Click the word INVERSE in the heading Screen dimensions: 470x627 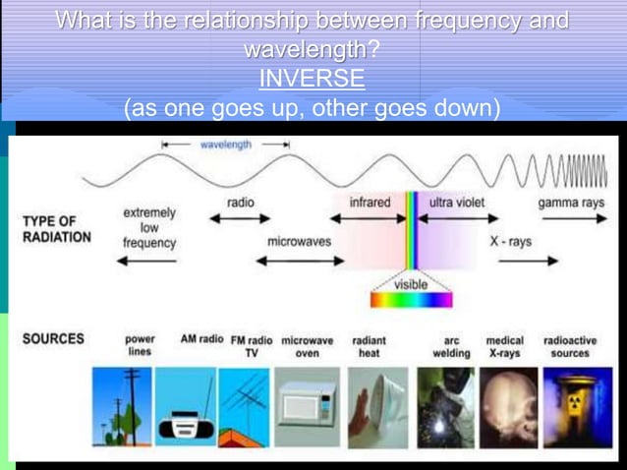click(x=312, y=78)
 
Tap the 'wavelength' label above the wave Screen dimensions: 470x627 click(x=226, y=144)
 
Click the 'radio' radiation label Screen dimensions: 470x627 click(x=240, y=203)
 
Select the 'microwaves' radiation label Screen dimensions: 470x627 click(x=299, y=241)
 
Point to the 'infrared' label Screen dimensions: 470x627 click(x=370, y=203)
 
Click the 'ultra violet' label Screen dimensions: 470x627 click(x=456, y=203)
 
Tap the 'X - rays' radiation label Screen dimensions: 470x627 click(x=511, y=241)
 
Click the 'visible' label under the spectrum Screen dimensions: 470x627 click(x=411, y=284)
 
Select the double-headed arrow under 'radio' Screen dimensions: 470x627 click(x=240, y=220)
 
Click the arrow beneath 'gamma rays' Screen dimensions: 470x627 click(x=574, y=220)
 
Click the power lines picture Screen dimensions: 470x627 click(x=122, y=405)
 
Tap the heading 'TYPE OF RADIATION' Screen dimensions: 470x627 click(x=56, y=229)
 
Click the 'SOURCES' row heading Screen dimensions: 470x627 click(x=53, y=338)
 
